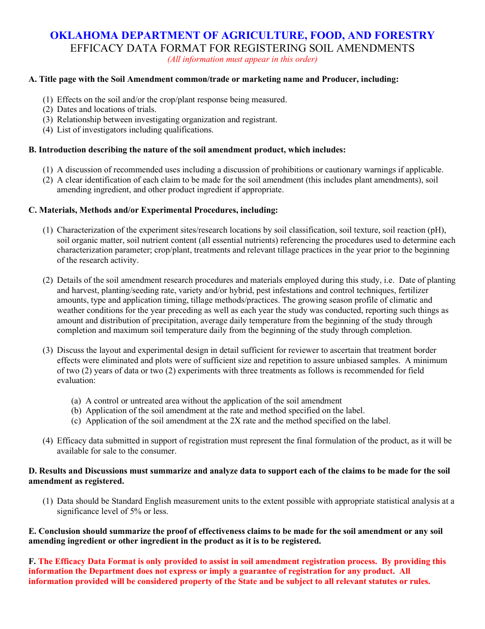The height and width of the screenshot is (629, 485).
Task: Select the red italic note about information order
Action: pos(243,59)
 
